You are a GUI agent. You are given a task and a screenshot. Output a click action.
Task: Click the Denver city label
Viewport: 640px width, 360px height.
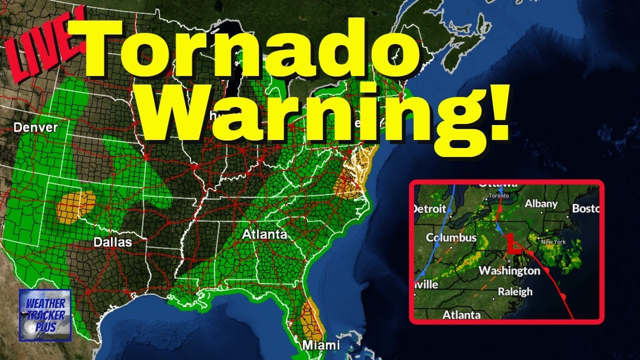[x=35, y=127]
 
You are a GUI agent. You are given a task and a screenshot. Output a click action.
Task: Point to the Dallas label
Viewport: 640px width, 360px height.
[x=112, y=242]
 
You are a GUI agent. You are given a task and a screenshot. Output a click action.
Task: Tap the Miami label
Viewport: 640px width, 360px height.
[x=321, y=345]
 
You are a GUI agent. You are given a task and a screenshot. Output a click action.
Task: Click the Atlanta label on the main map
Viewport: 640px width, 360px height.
[x=264, y=234]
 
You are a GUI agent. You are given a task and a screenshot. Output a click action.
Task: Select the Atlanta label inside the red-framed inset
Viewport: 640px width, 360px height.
[x=461, y=314]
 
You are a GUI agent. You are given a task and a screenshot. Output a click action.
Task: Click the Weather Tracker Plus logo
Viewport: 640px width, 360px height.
[x=45, y=315]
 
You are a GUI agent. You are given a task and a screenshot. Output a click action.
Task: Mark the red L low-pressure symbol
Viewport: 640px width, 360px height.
[x=511, y=244]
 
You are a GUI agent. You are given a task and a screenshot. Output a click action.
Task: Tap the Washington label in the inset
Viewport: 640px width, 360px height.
[x=509, y=271]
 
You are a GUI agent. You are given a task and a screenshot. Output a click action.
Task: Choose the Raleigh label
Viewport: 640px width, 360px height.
[x=515, y=291]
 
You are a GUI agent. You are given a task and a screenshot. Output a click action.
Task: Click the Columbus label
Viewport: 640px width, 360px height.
[x=451, y=237]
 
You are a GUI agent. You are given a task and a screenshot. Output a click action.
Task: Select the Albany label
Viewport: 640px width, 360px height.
[x=541, y=203]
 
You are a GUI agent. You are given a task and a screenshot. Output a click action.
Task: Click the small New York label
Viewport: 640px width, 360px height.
[x=553, y=242]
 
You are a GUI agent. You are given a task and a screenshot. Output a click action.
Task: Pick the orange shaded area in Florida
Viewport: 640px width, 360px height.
[x=312, y=317]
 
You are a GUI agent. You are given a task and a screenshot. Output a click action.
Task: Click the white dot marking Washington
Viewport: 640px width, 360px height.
[x=508, y=260]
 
